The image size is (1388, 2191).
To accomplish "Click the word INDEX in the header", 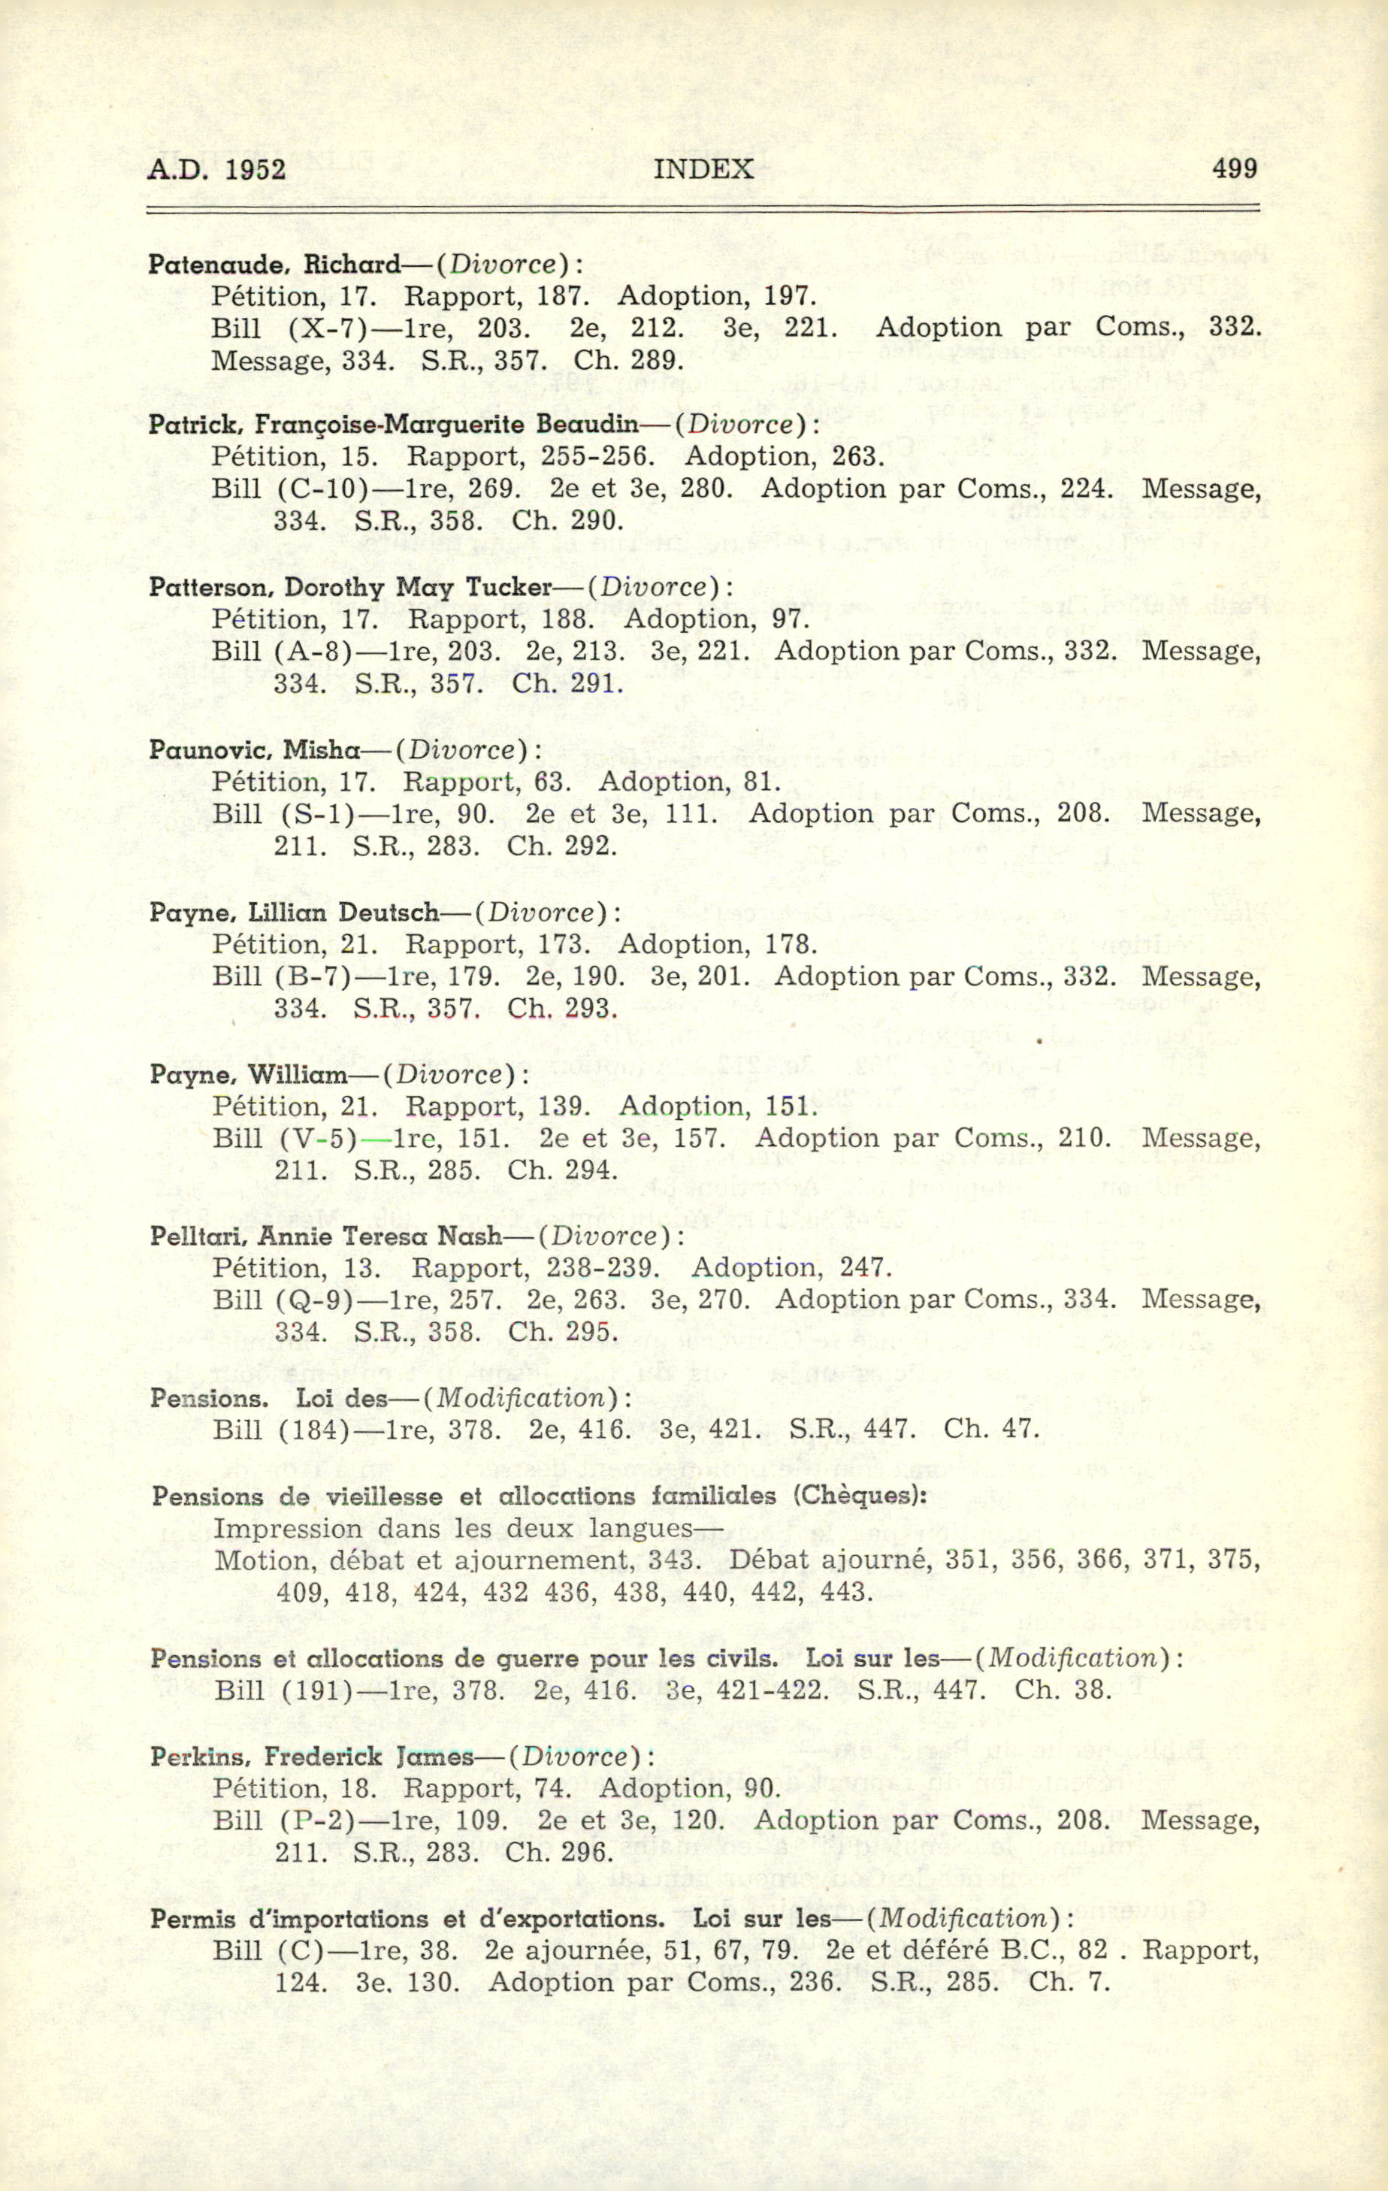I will point(703,169).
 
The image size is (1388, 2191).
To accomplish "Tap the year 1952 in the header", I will point(251,169).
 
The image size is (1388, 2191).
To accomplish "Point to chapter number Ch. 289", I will point(628,360).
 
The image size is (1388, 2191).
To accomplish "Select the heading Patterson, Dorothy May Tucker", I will point(351,587).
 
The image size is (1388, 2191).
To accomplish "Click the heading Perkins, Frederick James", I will point(312,1756).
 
